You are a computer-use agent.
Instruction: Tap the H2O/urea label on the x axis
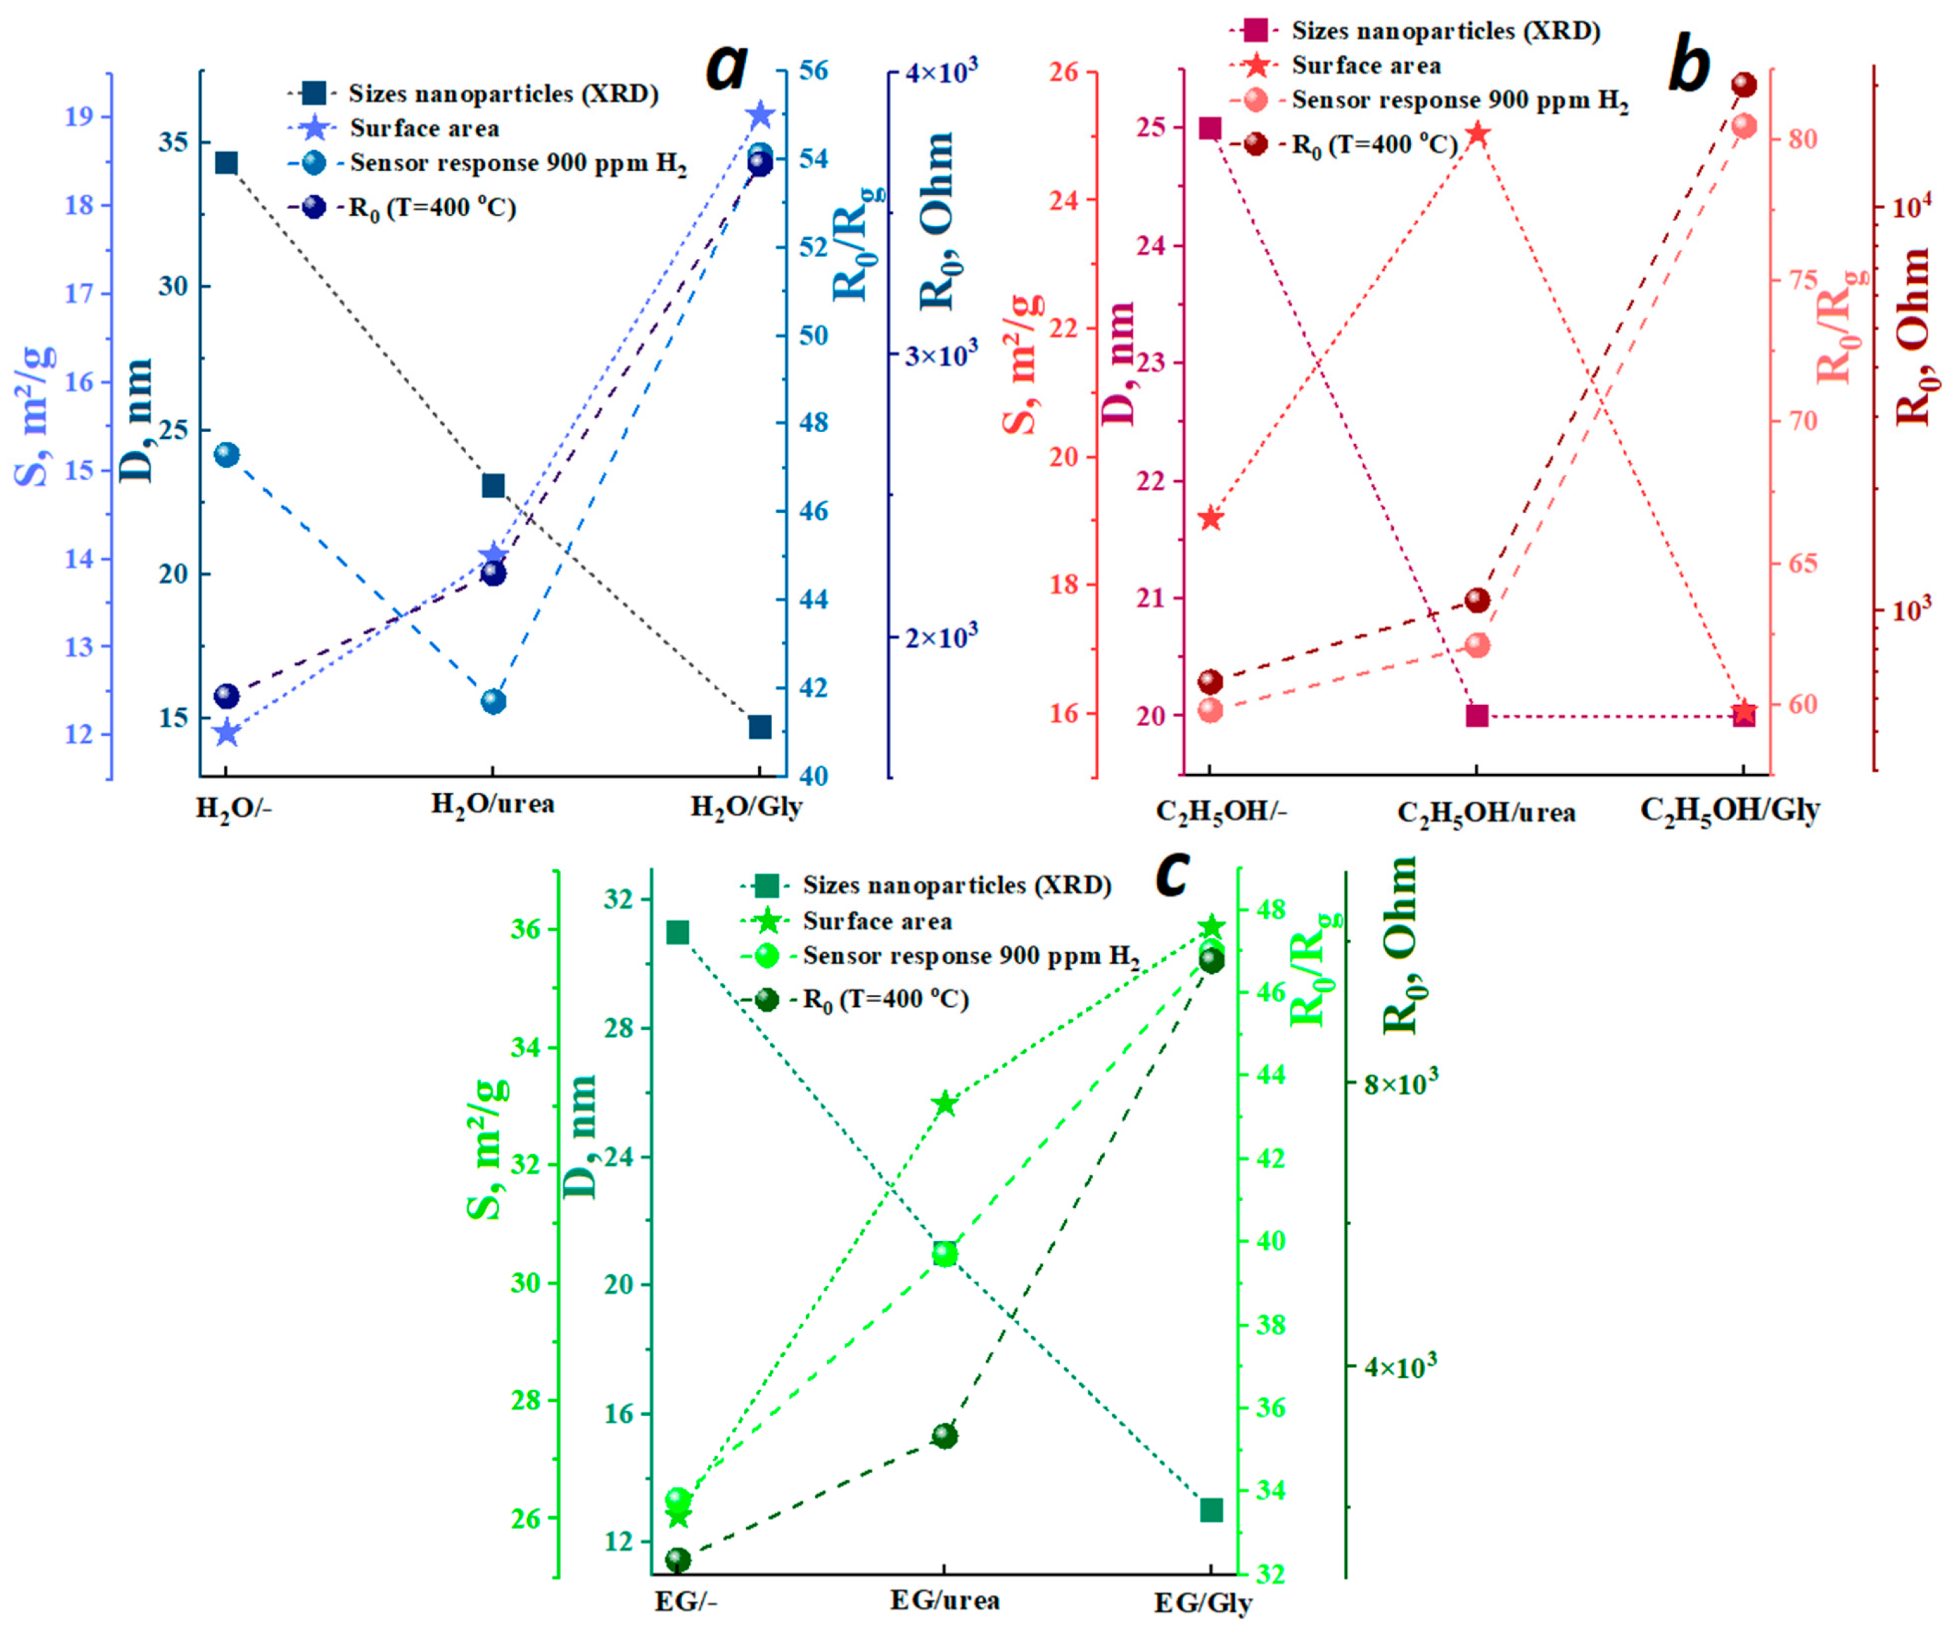pos(493,805)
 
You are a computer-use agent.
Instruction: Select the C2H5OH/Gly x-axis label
pos(1729,810)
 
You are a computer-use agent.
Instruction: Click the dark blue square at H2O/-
pos(226,163)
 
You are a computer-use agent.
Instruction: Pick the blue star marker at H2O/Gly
pos(760,115)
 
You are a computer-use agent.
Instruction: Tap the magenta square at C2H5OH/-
pos(1210,128)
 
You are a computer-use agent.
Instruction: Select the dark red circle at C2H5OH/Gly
pos(1744,86)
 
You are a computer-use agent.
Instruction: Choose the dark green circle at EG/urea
pos(944,1435)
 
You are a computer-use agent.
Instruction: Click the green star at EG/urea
pos(945,1104)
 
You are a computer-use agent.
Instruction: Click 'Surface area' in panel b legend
pos(1367,66)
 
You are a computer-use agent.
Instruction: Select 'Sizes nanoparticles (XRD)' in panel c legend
pos(957,885)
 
